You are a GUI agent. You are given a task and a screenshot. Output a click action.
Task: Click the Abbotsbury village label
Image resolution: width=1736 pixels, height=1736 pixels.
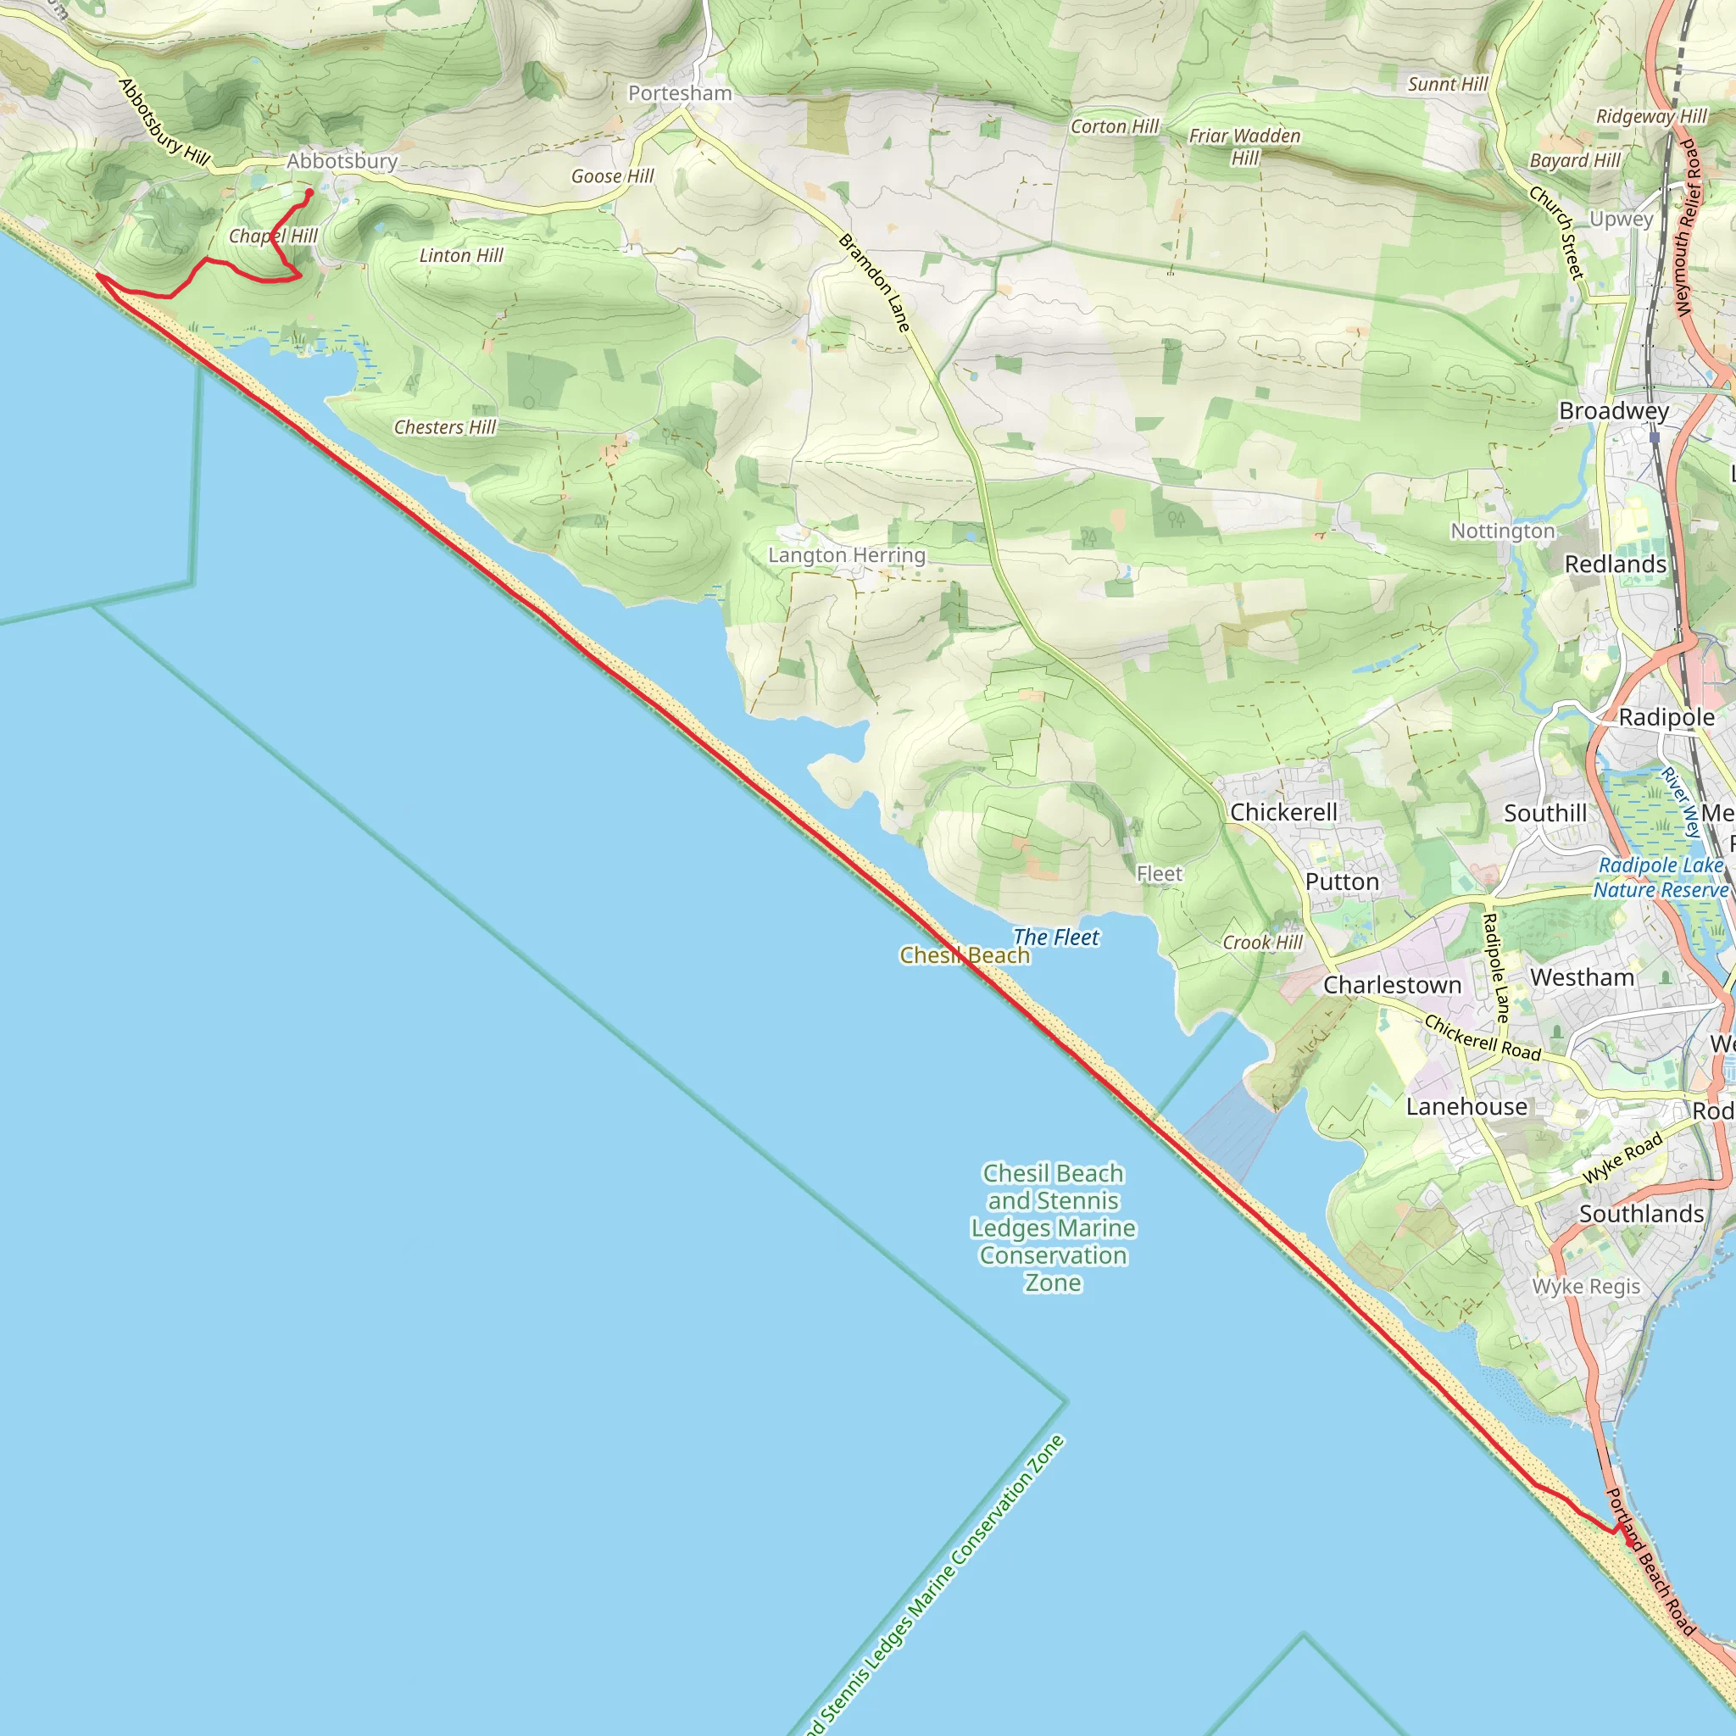342,162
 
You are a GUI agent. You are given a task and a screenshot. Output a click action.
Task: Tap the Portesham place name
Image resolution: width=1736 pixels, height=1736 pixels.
679,93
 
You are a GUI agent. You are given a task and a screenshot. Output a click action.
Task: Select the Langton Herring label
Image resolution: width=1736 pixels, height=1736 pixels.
847,555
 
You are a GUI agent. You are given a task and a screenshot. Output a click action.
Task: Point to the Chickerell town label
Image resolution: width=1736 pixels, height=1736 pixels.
1283,812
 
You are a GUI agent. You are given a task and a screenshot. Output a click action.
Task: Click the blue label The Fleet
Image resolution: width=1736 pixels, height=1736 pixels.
1056,938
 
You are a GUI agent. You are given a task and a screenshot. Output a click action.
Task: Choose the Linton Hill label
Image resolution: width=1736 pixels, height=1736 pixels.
461,255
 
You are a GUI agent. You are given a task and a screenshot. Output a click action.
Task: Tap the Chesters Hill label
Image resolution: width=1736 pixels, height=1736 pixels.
445,427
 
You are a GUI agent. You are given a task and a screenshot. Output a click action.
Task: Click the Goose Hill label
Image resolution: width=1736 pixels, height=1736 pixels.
613,176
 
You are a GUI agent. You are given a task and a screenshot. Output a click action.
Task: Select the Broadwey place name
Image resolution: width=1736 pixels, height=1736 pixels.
1614,410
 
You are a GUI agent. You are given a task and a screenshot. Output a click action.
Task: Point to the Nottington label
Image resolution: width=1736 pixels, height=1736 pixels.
1502,531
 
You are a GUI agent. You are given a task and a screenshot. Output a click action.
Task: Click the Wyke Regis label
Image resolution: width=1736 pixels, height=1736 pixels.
1586,1287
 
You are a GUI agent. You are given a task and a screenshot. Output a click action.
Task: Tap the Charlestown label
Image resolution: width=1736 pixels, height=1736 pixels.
1392,985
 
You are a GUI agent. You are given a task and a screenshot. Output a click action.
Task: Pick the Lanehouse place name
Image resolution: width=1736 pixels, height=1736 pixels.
1466,1107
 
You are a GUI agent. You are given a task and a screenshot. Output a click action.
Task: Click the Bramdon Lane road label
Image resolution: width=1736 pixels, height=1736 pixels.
874,282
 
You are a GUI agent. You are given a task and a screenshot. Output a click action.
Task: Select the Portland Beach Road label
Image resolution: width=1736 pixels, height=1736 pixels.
1650,1561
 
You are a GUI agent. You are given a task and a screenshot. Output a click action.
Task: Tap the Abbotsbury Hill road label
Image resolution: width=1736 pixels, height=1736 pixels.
164,123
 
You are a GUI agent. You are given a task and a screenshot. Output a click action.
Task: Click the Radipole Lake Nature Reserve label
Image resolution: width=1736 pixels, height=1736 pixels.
1661,877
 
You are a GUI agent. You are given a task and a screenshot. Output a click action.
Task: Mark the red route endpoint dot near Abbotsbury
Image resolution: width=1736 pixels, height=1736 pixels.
310,192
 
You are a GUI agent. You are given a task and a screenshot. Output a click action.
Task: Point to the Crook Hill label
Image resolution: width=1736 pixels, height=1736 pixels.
1262,943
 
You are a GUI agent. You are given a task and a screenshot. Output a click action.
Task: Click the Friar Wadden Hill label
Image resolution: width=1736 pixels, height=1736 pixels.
1244,147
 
